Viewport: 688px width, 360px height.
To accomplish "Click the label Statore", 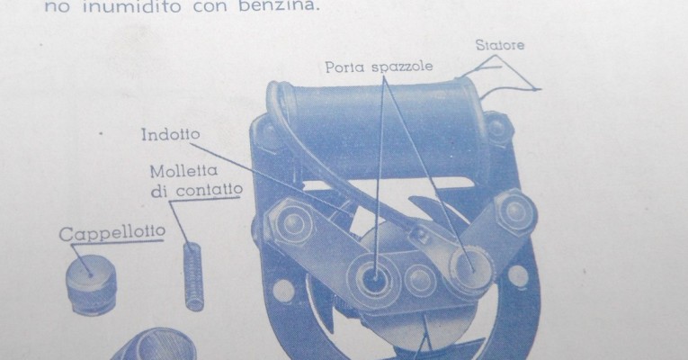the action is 500,45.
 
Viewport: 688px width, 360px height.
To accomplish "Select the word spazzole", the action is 402,67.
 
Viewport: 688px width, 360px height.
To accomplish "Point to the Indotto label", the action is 171,134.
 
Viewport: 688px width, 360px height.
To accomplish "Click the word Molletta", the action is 183,171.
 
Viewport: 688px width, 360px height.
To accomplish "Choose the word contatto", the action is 210,190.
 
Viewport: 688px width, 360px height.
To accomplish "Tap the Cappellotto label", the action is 112,233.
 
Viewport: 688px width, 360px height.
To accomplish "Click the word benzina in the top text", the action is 277,6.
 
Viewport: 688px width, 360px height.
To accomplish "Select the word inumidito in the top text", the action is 132,6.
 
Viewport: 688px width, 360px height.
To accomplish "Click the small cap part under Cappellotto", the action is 92,284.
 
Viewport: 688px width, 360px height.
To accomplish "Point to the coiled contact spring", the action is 193,276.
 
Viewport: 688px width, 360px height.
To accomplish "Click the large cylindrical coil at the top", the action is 378,127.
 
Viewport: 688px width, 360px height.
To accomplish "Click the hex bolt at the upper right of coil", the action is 497,129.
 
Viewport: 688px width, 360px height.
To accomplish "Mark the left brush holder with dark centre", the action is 373,278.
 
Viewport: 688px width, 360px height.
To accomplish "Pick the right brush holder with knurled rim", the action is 470,269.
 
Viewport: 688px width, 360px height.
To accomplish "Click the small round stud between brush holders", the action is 420,280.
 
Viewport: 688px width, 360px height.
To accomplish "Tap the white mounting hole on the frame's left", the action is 283,290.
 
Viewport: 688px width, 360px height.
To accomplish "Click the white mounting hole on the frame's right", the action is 518,276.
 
